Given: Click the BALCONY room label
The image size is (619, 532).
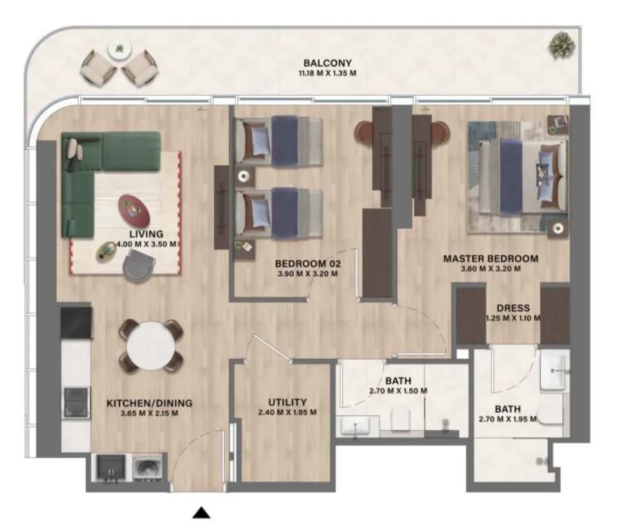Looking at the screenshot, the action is (327, 63).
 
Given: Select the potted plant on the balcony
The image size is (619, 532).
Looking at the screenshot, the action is (561, 45).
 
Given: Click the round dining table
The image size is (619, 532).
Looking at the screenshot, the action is (151, 346).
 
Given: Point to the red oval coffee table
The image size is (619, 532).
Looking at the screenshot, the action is (134, 209).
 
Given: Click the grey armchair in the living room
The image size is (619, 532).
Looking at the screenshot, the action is (139, 267).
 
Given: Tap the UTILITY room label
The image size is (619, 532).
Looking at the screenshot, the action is (287, 402).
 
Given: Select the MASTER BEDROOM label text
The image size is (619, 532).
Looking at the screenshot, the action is (491, 259).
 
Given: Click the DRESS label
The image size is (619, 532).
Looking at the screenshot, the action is (514, 308).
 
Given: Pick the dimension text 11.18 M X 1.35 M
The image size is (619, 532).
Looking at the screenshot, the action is (327, 73).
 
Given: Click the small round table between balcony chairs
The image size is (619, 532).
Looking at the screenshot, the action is (119, 50).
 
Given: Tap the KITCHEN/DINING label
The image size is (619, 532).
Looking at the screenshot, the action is (149, 403).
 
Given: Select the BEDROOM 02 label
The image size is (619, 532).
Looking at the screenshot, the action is (308, 263).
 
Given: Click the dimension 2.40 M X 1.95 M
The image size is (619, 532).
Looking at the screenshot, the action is (287, 413).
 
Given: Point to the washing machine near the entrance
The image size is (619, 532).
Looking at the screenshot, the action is (147, 468).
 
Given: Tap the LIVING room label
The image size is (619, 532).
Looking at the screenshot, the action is (146, 234).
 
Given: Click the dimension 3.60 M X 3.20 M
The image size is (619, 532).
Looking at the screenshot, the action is (491, 269).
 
